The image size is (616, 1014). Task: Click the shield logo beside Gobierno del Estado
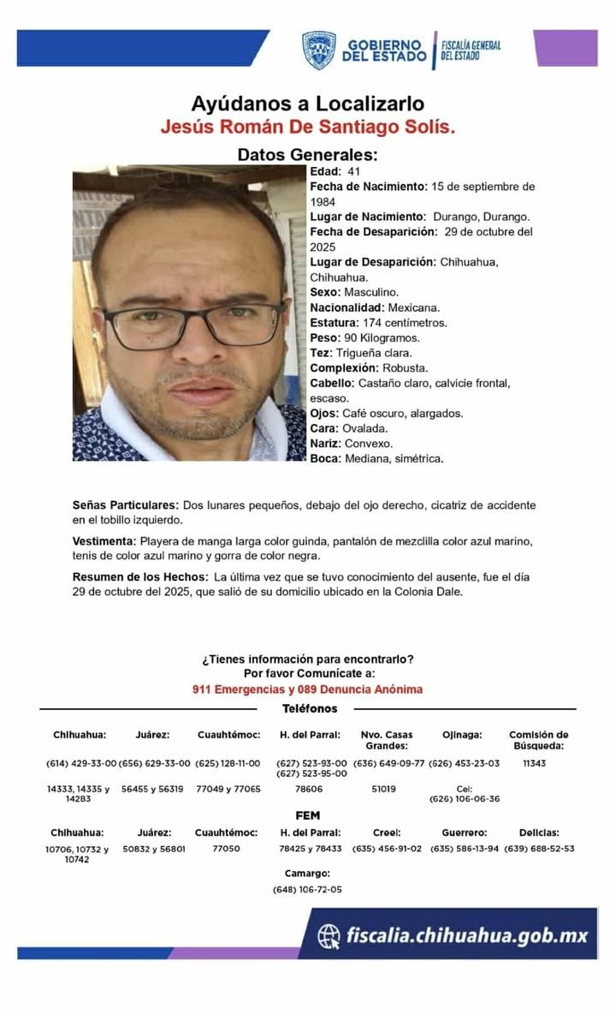click(x=318, y=50)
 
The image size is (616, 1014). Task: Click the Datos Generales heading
click(x=295, y=155)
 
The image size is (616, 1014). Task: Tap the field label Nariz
click(x=325, y=444)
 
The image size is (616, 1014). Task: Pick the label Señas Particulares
click(x=126, y=505)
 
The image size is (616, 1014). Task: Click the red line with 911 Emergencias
click(x=308, y=689)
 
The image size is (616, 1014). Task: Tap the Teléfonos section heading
click(x=309, y=708)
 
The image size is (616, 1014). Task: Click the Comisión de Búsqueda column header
click(x=539, y=739)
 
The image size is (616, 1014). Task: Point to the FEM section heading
click(x=308, y=815)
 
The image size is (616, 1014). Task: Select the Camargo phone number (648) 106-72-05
click(x=307, y=890)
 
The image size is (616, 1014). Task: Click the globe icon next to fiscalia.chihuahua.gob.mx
click(x=329, y=936)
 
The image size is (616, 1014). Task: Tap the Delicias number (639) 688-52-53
click(x=539, y=849)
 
